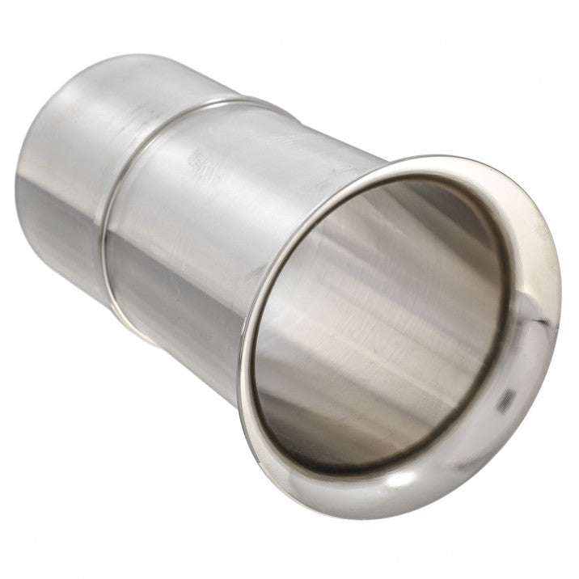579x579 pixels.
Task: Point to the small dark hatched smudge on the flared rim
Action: click(x=508, y=396)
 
